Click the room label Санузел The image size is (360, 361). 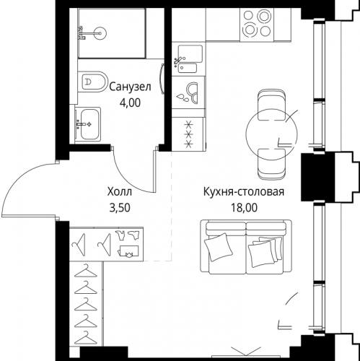pos(130,87)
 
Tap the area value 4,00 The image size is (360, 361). pos(130,103)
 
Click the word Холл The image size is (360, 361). pos(120,192)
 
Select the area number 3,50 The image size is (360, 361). pos(120,208)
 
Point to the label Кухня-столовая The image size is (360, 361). pos(244,192)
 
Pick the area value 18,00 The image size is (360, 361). pos(244,208)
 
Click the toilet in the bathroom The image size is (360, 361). pos(92,82)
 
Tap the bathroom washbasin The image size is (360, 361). pos(87,124)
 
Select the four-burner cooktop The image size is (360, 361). pos(257,24)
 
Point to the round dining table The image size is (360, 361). pos(272,134)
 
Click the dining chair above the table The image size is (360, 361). pos(271,105)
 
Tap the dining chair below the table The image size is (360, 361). pos(271,164)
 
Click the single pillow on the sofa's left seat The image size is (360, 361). pos(219,247)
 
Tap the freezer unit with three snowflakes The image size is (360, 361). pos(188,134)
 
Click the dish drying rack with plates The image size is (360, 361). pos(188,92)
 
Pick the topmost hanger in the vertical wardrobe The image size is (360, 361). pos(86,271)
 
